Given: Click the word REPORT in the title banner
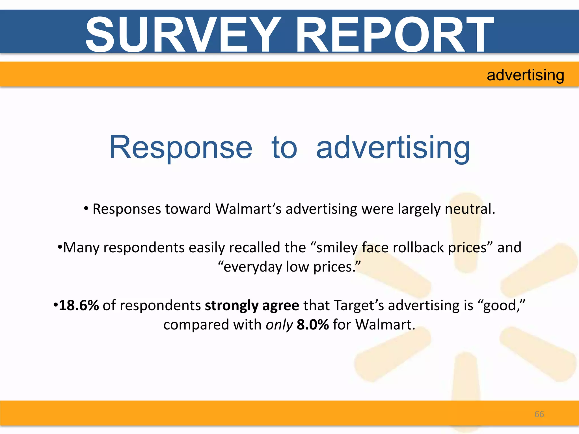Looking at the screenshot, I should [x=395, y=34].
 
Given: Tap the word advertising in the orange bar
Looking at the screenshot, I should [x=525, y=75].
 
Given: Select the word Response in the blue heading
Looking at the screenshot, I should [x=181, y=147].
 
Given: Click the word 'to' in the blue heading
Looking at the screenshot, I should [x=284, y=147].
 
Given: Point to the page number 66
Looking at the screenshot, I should [x=539, y=414].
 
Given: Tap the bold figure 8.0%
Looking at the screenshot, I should [x=313, y=325].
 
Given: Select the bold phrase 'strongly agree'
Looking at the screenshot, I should [x=252, y=305].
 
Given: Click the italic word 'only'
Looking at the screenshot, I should [x=279, y=325].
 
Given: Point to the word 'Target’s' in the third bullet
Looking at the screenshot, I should [x=359, y=305].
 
